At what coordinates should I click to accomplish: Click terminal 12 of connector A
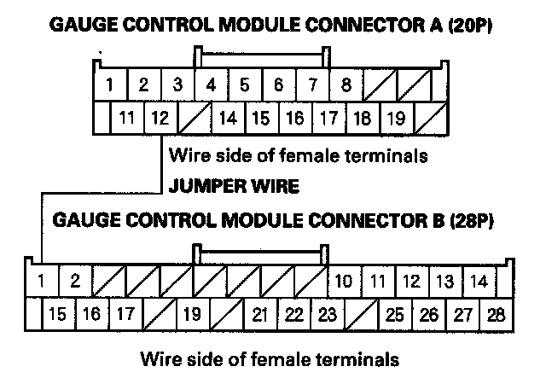point(159,118)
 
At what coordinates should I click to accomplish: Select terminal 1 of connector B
point(40,280)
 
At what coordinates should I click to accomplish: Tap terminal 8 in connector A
point(346,85)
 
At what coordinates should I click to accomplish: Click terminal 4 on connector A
point(211,85)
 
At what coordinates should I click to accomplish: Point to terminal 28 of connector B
point(496,314)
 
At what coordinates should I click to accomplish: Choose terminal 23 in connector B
point(327,314)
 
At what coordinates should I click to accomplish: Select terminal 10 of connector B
point(345,280)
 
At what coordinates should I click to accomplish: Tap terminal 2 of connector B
point(75,280)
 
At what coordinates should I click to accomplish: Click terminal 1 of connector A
point(111,85)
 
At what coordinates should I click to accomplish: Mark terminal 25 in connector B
point(394,314)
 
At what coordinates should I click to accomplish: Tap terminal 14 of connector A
point(228,118)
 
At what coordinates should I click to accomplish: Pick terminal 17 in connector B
point(125,314)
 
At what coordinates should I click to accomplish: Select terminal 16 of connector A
point(294,118)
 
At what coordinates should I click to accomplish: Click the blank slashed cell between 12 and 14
point(194,118)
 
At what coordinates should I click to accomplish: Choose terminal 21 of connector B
point(260,314)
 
